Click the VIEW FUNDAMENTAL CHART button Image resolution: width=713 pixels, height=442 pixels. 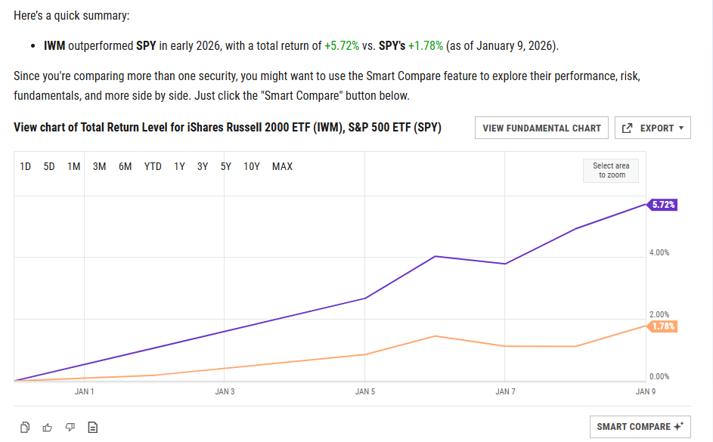click(541, 128)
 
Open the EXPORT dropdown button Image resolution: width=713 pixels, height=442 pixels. click(653, 128)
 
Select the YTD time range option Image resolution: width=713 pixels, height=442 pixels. click(153, 166)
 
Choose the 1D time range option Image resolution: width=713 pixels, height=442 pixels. click(25, 166)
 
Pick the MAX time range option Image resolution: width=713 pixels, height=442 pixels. click(282, 166)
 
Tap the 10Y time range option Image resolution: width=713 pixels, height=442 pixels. click(252, 166)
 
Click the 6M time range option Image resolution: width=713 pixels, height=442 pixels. click(125, 166)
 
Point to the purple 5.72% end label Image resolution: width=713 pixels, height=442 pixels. click(662, 205)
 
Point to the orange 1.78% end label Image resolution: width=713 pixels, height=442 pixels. click(662, 326)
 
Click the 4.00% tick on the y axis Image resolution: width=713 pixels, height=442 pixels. click(659, 252)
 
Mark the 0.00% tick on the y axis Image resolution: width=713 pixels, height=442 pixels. click(659, 376)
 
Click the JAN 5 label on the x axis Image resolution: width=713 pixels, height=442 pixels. click(364, 391)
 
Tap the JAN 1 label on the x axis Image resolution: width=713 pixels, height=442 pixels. click(85, 391)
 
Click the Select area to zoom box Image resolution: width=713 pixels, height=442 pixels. click(610, 171)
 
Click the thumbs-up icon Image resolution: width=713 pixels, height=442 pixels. click(48, 427)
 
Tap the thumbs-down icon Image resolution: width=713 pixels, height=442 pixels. click(70, 427)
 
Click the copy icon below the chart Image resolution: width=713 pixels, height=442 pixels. click(25, 427)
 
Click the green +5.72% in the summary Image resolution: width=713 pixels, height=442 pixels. click(342, 46)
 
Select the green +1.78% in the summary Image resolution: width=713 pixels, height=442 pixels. click(425, 46)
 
